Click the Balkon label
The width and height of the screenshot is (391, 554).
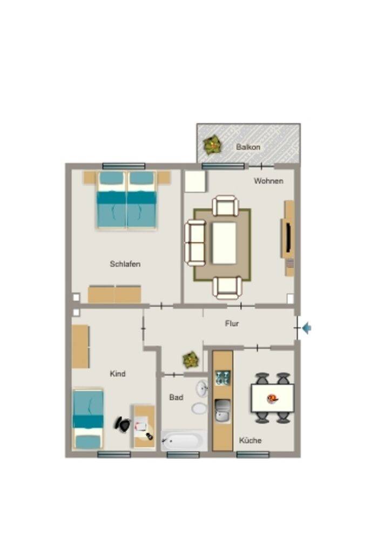tap(248, 147)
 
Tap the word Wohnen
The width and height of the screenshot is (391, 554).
tap(268, 181)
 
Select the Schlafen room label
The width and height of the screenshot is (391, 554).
tap(125, 264)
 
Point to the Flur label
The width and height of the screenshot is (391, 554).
tap(232, 324)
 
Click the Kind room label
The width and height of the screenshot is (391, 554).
tap(117, 373)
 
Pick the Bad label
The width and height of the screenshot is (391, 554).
tap(176, 398)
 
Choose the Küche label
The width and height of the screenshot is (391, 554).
tap(251, 440)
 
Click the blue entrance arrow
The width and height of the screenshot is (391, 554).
tap(307, 328)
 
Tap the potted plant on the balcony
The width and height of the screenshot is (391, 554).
tap(213, 145)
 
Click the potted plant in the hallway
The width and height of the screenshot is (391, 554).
tap(191, 359)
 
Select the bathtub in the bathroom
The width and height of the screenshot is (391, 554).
tap(184, 440)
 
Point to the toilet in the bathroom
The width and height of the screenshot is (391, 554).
tap(200, 408)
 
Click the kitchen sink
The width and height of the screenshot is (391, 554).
tap(223, 410)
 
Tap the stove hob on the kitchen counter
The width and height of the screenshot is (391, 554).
tap(223, 378)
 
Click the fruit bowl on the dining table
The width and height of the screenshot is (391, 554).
tap(273, 399)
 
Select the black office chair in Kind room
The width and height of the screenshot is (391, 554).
tap(123, 424)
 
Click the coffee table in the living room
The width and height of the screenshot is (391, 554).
tap(224, 243)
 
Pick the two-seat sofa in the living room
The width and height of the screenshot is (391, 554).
tap(195, 243)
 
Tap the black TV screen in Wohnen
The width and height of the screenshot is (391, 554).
tap(288, 237)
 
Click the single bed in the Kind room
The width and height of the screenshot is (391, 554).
tap(88, 419)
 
